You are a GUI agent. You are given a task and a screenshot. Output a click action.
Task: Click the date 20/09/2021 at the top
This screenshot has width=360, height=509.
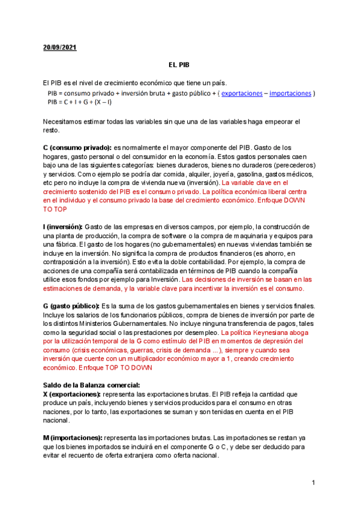pyautogui.click(x=59, y=47)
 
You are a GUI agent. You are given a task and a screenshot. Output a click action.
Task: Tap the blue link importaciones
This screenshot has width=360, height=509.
pyautogui.click(x=290, y=94)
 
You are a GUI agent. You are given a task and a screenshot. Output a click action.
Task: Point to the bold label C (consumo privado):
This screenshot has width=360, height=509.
pyautogui.click(x=77, y=148)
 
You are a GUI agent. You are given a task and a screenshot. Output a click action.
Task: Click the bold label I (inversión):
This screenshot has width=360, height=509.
pyautogui.click(x=63, y=226)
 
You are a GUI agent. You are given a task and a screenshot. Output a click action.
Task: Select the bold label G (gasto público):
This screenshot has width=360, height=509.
pyautogui.click(x=72, y=306)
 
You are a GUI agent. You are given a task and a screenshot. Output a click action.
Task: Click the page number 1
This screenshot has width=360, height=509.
pyautogui.click(x=314, y=484)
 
